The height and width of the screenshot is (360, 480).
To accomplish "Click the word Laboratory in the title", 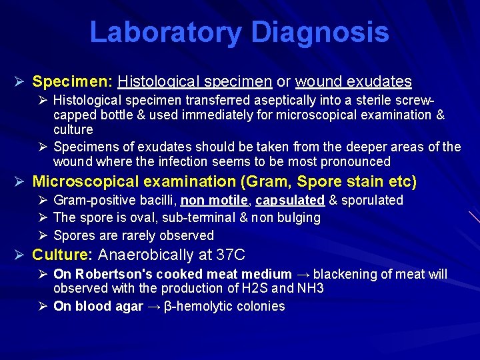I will point(165,33).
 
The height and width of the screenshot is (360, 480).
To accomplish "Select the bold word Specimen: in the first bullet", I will point(73,82).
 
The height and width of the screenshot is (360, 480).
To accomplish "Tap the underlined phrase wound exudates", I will point(353,82).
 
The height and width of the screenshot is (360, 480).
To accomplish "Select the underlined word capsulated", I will point(290,200).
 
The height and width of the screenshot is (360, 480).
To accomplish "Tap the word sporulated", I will point(372,200).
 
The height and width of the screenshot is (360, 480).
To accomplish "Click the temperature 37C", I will point(231,255).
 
